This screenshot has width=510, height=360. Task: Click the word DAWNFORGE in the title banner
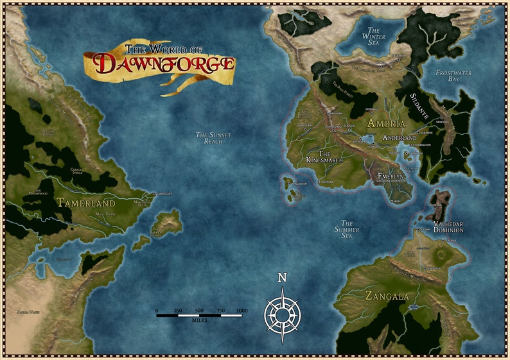click(x=164, y=64)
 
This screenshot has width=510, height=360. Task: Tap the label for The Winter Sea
click(x=374, y=37)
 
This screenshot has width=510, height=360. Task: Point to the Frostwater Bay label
click(x=453, y=76)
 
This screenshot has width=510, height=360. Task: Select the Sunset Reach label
click(x=213, y=137)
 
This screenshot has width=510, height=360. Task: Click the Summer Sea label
click(x=346, y=230)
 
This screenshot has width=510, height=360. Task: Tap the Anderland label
click(x=400, y=138)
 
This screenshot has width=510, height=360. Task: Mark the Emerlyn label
click(x=392, y=176)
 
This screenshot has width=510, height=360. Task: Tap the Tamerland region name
click(x=85, y=203)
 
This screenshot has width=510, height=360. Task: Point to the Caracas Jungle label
click(x=82, y=173)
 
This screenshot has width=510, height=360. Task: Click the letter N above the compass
click(x=281, y=278)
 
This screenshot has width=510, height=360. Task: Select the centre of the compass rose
click(x=281, y=314)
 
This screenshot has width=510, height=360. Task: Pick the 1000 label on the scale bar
click(x=242, y=311)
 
